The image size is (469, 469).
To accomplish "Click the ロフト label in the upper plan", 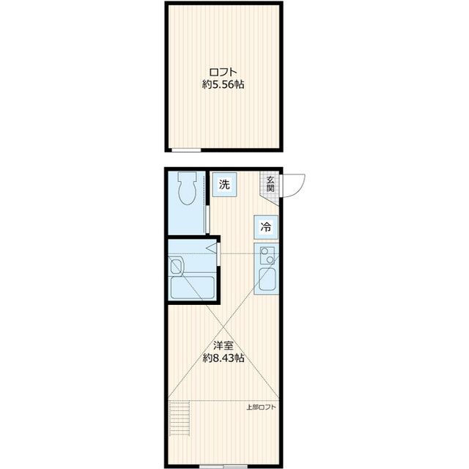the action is [223, 72].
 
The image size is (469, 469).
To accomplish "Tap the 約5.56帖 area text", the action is [223, 85].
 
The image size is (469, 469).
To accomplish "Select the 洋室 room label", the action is [223, 346].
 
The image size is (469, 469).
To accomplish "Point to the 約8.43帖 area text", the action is [224, 358].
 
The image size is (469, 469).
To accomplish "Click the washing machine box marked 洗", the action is [224, 185].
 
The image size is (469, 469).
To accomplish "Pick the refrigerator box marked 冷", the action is [266, 226].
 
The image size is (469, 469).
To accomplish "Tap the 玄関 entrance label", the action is [270, 184].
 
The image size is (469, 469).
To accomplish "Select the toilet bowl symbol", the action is [187, 188].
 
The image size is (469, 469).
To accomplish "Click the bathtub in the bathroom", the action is [192, 287].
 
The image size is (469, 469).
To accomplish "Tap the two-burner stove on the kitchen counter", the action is [267, 256].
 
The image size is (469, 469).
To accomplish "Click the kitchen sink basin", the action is [267, 279].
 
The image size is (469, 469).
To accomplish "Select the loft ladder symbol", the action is [179, 418].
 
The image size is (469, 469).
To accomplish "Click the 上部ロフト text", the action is [261, 407].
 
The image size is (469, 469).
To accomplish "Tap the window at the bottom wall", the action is [224, 466].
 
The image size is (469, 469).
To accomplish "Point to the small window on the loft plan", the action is [186, 149].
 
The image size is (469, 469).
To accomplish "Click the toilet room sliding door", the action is [207, 219].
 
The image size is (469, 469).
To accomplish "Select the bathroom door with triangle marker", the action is [218, 254].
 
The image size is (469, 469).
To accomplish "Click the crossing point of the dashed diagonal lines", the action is [223, 328].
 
